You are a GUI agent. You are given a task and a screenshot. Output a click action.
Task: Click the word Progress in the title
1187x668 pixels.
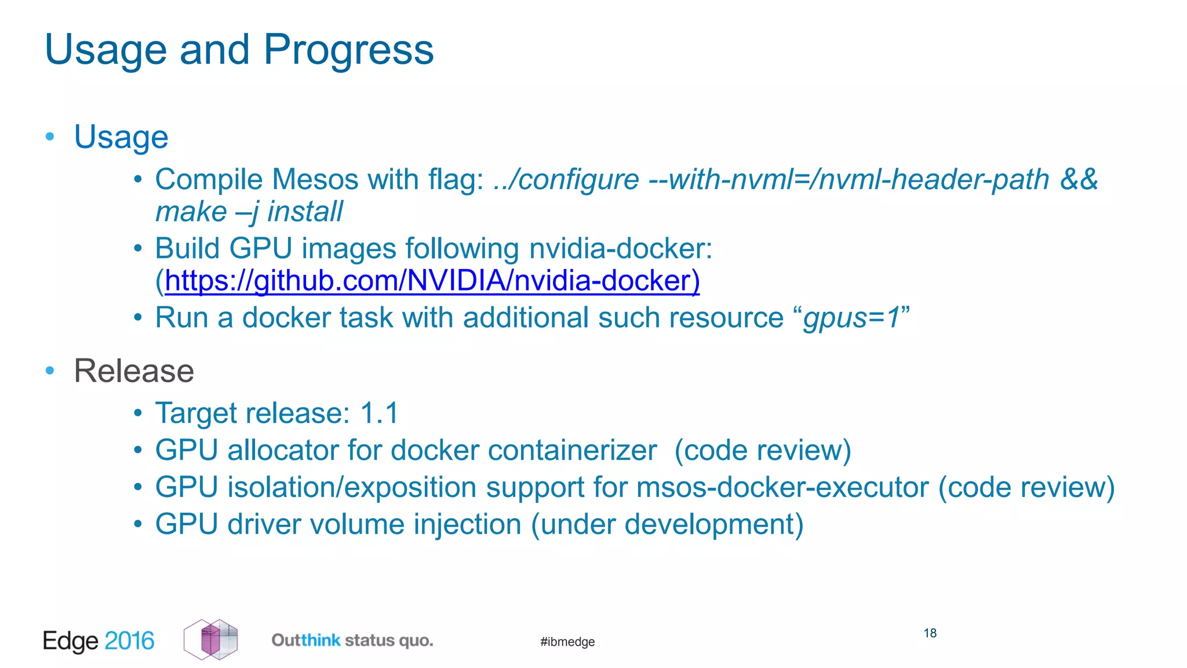point(348,50)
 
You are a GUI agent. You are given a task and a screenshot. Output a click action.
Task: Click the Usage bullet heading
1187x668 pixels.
point(121,137)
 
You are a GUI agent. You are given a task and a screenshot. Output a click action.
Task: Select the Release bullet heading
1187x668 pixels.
point(134,371)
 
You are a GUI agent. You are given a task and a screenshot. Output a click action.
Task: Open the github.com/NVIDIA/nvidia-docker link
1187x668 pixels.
point(432,281)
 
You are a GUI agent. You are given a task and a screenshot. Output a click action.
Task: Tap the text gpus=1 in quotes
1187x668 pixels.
point(851,318)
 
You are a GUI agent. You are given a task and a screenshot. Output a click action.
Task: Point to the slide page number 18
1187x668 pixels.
point(930,633)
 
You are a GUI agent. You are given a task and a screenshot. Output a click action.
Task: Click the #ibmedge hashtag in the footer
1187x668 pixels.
point(567,642)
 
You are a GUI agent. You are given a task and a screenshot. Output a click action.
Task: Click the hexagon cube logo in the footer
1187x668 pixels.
point(211,640)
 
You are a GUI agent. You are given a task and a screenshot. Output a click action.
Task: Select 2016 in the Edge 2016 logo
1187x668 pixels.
point(129,641)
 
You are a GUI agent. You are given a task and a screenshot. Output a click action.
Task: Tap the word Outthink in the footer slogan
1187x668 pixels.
point(306,640)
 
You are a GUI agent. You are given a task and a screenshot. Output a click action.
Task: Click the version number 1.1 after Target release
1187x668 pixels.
point(379,413)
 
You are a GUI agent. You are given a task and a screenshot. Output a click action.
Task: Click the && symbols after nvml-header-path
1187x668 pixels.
point(1078,180)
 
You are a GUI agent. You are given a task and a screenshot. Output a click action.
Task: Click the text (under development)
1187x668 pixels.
point(667,525)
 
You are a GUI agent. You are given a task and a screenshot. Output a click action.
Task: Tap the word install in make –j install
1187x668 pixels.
point(305,212)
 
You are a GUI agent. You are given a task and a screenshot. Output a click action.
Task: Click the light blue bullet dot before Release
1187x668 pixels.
point(50,370)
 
